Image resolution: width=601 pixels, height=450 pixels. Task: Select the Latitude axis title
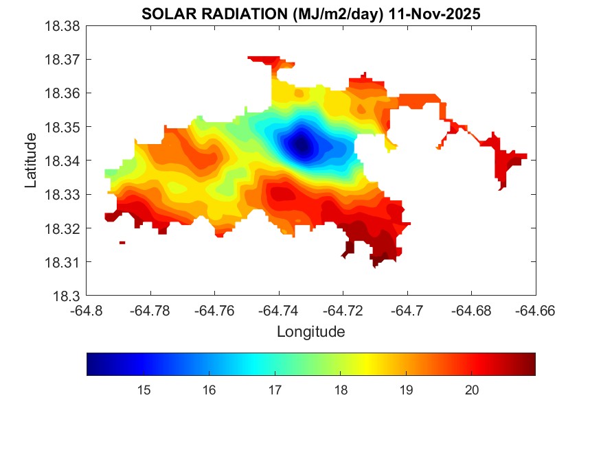pyautogui.click(x=31, y=161)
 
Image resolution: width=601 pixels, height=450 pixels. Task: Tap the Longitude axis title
pyautogui.click(x=310, y=332)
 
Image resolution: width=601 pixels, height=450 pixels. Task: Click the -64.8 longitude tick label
pyautogui.click(x=87, y=310)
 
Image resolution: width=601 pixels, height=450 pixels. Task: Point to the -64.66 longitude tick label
pyautogui.click(x=536, y=310)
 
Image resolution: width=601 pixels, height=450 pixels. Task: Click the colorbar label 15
pyautogui.click(x=144, y=390)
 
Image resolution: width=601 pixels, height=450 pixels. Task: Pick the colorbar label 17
pyautogui.click(x=275, y=390)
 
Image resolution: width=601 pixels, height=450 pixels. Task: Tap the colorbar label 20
pyautogui.click(x=471, y=390)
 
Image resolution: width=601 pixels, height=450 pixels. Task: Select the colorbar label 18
pyautogui.click(x=340, y=390)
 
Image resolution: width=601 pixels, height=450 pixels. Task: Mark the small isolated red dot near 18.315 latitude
pyautogui.click(x=122, y=242)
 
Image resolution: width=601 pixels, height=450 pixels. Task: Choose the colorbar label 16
pyautogui.click(x=209, y=390)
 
